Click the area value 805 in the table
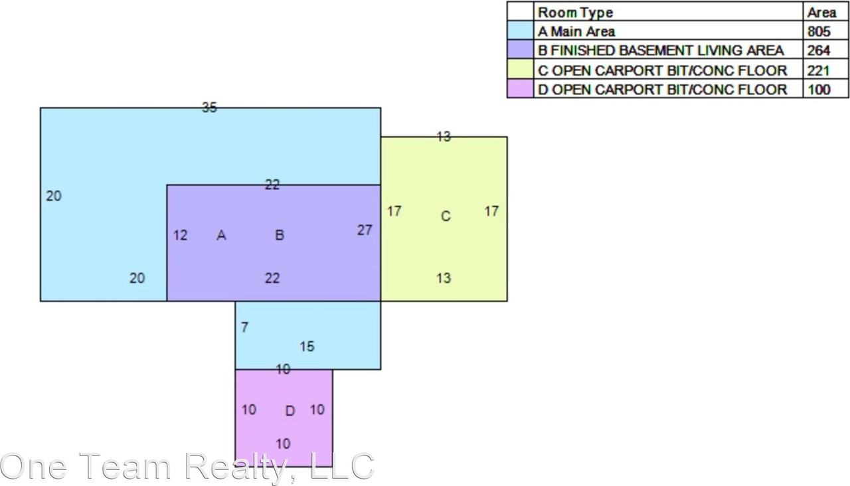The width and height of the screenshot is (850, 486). tap(819, 31)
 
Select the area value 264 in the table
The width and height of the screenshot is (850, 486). tap(819, 50)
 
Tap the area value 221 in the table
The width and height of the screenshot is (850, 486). tap(819, 70)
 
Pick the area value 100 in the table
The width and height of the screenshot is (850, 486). tap(819, 90)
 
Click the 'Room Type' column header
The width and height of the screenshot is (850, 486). tap(575, 13)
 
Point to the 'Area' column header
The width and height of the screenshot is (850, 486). tap(821, 13)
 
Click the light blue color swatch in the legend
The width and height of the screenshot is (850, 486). tap(520, 31)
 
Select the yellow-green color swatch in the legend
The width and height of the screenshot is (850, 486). tap(520, 69)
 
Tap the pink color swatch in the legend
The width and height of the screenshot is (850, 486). tap(520, 89)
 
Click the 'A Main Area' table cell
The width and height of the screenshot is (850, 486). tap(576, 31)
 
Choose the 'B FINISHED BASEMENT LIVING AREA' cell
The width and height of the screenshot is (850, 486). tap(661, 50)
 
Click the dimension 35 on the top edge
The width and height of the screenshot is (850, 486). tap(209, 108)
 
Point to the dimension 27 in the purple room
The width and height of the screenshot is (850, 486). tap(365, 230)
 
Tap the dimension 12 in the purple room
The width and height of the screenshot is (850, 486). tap(180, 235)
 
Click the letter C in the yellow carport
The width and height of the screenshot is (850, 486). tap(446, 216)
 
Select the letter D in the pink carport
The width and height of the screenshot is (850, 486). tap(290, 411)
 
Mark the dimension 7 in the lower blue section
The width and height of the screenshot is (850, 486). tap(245, 327)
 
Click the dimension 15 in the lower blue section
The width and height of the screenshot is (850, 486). tap(307, 346)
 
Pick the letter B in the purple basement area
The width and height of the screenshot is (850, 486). tap(280, 235)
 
